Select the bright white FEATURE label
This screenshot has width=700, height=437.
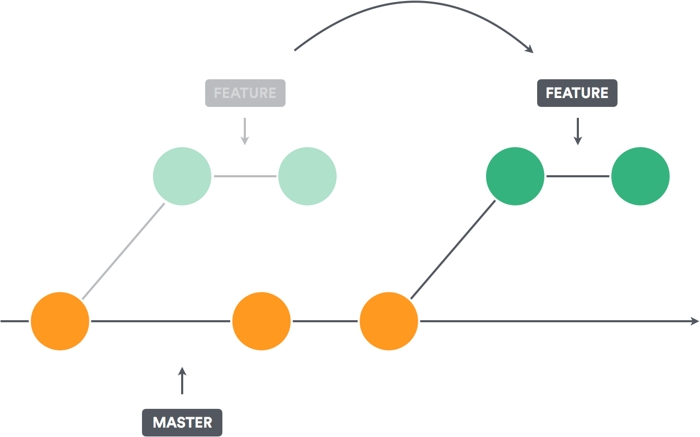click(577, 93)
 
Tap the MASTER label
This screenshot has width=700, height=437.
click(182, 422)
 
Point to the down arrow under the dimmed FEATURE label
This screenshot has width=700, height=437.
click(244, 132)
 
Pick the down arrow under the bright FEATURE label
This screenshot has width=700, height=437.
click(577, 132)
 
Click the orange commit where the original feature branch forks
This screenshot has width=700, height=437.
click(60, 321)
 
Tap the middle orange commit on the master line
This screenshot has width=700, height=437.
click(262, 321)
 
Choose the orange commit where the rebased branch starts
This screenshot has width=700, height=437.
click(388, 321)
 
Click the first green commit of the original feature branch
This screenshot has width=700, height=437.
click(182, 176)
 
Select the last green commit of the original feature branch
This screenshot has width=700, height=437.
click(307, 176)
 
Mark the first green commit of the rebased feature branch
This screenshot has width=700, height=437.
click(515, 176)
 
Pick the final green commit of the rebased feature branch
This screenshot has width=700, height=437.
click(640, 176)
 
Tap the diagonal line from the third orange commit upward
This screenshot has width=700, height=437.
click(453, 249)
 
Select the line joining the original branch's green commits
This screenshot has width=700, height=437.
click(245, 176)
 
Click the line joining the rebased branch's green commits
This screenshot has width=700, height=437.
click(577, 176)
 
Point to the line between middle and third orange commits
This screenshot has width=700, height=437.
click(325, 321)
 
